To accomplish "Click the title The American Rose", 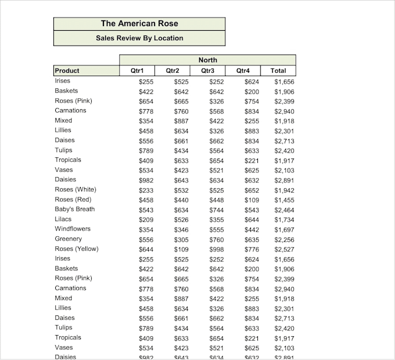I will point(139,24).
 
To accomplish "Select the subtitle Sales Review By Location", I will point(139,38).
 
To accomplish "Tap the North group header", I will point(207,60).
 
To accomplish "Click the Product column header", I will point(67,71).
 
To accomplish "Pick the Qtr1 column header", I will point(137,71).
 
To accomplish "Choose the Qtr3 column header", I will point(207,71).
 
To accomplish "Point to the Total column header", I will point(278,71).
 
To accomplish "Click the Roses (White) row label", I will point(76,189).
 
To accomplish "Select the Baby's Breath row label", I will point(74,209).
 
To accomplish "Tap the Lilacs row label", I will point(63,219).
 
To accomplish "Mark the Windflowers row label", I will point(73,229).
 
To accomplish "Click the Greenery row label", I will point(69,239).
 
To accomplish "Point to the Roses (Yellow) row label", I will point(77,249).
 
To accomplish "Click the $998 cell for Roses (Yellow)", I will point(217,249).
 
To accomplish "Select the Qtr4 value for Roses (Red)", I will point(252,200).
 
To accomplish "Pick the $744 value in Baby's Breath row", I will point(217,210).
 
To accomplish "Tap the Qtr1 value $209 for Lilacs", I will point(146,219).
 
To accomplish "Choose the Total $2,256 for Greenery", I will point(284,239).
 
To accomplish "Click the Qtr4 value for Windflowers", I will point(252,229).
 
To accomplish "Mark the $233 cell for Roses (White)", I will point(146,190).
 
